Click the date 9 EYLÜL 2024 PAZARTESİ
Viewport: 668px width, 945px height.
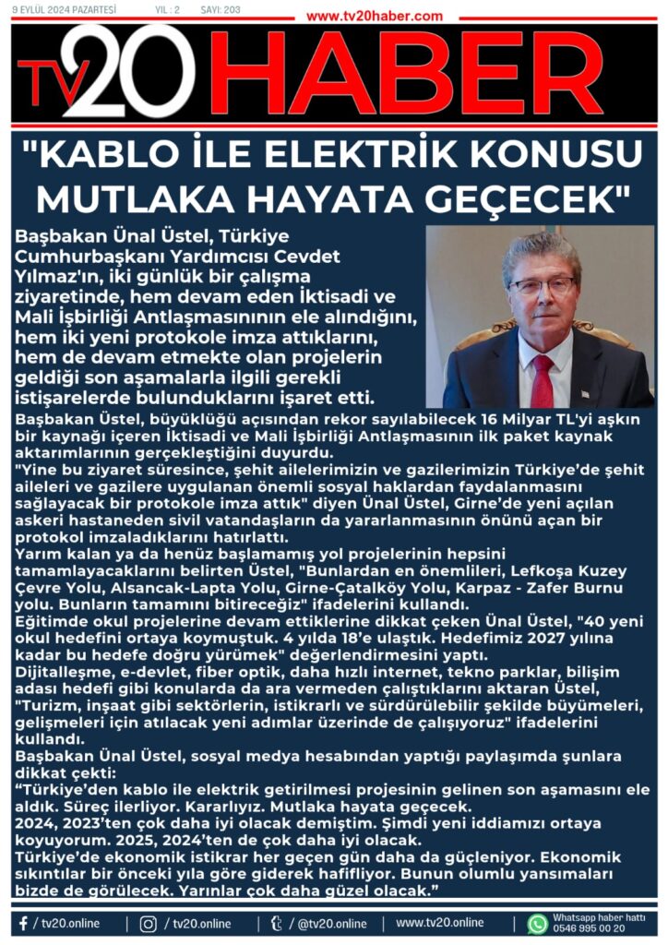point(64,10)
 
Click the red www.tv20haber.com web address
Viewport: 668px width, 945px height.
point(374,16)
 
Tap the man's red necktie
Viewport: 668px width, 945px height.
point(542,378)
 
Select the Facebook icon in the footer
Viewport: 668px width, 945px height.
point(22,923)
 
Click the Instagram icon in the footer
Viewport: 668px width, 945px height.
point(148,923)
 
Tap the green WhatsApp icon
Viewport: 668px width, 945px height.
point(538,923)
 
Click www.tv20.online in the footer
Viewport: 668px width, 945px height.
point(439,923)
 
